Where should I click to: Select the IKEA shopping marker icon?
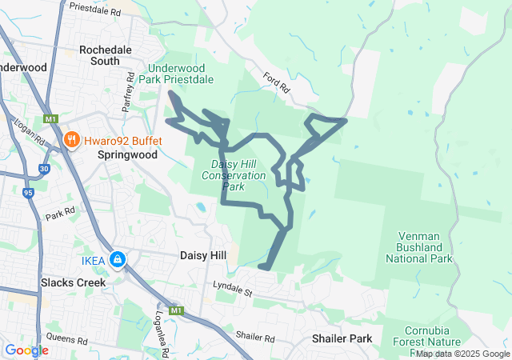[x=118, y=259]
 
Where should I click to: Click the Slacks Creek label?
[x=73, y=282]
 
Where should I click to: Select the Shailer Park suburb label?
[x=342, y=338]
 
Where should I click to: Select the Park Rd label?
[x=60, y=214]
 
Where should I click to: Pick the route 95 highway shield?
[x=29, y=193]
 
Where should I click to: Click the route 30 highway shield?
[x=43, y=169]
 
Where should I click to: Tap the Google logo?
[x=26, y=350]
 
